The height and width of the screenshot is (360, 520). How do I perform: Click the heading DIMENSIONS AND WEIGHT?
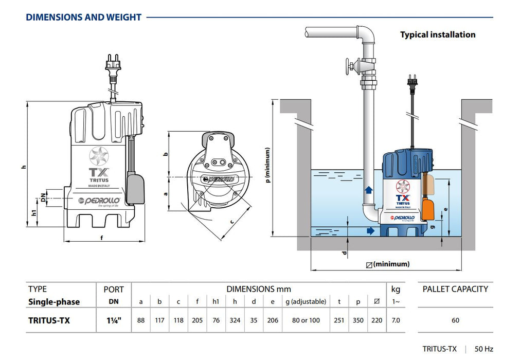[x=83, y=17]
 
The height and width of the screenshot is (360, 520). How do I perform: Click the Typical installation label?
[x=438, y=34]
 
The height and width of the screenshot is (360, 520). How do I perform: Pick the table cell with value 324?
[x=235, y=320]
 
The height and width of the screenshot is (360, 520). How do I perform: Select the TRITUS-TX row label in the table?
[x=49, y=320]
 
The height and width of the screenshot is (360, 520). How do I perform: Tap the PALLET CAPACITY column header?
[x=455, y=289]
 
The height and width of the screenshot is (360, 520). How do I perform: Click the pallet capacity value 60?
[x=455, y=320]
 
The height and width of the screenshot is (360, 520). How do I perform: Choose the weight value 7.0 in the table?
[x=396, y=320]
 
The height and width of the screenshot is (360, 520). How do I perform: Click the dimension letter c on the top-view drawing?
[x=232, y=222]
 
